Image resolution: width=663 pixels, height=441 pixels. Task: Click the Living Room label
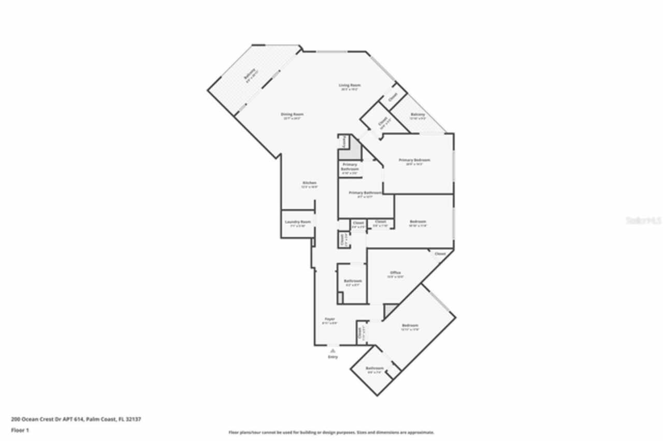(x=350, y=85)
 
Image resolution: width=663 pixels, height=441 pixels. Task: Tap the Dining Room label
(x=292, y=114)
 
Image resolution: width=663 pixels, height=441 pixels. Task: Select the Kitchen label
(x=309, y=183)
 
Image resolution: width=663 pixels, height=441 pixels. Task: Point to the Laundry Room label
(x=298, y=222)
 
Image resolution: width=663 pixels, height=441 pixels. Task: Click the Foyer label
(x=329, y=319)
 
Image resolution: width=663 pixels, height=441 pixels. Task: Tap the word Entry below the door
(x=333, y=357)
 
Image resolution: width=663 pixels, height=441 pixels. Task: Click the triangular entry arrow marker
(x=333, y=350)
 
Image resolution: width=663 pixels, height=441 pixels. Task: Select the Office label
(x=395, y=273)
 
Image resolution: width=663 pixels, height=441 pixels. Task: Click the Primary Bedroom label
(x=414, y=160)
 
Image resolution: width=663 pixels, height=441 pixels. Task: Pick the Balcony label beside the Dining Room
(x=250, y=76)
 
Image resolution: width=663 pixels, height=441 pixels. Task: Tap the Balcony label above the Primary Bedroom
(x=417, y=114)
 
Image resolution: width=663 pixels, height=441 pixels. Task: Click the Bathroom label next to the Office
(x=353, y=281)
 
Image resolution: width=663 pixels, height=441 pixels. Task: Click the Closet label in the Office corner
(x=440, y=254)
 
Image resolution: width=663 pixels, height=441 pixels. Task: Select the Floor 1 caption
(x=20, y=430)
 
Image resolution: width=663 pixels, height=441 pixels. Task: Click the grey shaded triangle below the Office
(x=389, y=309)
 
